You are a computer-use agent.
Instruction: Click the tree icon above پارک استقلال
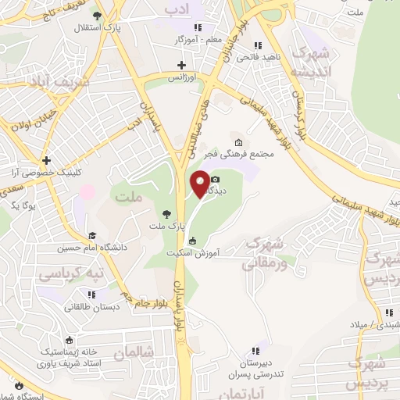pyautogui.click(x=97, y=16)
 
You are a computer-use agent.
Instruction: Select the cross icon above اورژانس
pyautogui.click(x=182, y=65)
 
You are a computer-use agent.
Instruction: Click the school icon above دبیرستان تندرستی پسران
pyautogui.click(x=253, y=351)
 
